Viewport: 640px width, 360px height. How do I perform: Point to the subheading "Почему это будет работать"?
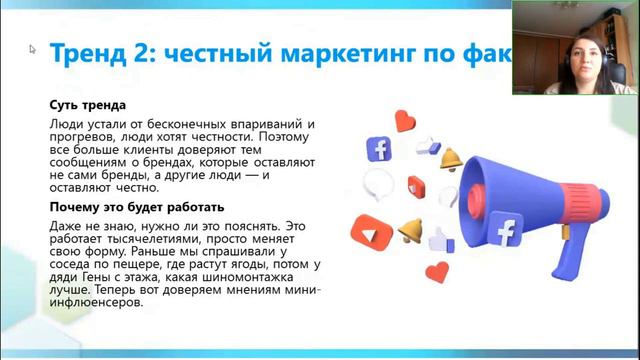coord(137,207)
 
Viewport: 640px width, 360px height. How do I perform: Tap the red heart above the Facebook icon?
coord(404,122)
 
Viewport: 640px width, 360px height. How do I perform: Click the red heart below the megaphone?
coord(437,271)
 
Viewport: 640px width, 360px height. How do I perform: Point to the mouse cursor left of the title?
coord(33,48)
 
